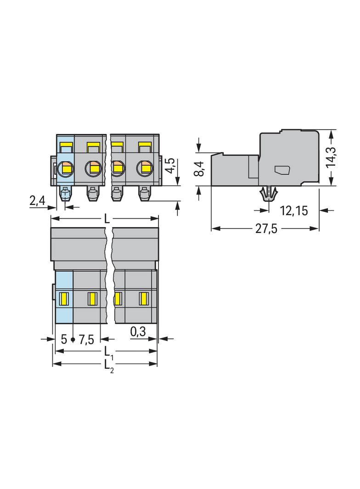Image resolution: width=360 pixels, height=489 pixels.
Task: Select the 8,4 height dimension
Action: click(x=199, y=169)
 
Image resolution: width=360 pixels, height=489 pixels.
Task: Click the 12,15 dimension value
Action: click(x=293, y=211)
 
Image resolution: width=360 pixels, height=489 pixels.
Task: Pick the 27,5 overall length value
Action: click(x=266, y=229)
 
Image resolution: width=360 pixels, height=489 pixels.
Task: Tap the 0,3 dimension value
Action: click(x=138, y=332)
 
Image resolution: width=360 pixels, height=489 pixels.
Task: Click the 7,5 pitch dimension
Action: click(x=86, y=339)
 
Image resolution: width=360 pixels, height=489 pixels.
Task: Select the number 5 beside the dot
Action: click(x=64, y=339)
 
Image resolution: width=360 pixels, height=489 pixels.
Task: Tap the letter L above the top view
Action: click(x=107, y=219)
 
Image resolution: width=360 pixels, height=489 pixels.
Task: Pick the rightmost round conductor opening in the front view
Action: click(x=144, y=168)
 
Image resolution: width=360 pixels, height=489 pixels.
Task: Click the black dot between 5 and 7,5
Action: click(x=73, y=339)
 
